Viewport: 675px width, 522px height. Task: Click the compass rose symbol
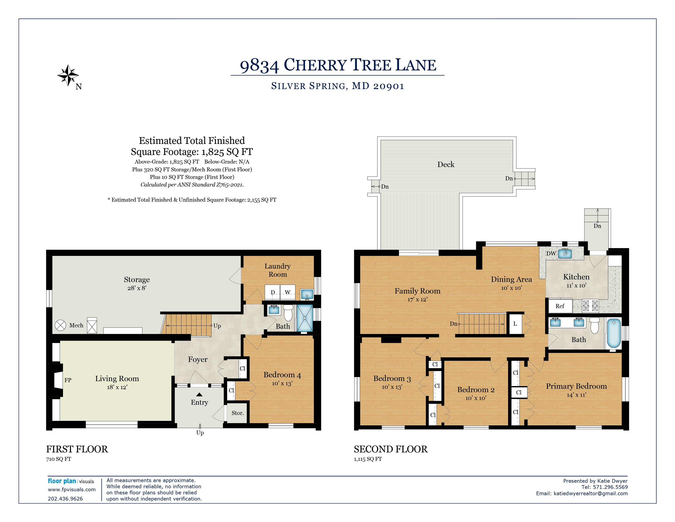(x=68, y=75)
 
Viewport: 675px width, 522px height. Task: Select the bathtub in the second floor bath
(x=614, y=333)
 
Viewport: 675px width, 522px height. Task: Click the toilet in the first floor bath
(x=288, y=313)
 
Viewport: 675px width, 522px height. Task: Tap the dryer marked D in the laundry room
(x=273, y=292)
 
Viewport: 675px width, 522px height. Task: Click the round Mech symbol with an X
(x=60, y=325)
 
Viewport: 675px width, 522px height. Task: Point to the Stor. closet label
(x=238, y=413)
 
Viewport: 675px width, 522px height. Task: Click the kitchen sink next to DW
(x=565, y=254)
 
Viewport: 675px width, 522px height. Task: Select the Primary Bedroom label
(x=576, y=386)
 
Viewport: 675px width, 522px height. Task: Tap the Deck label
(x=446, y=165)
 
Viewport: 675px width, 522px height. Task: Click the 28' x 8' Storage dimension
(x=137, y=288)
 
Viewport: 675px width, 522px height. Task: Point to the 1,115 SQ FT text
(x=368, y=459)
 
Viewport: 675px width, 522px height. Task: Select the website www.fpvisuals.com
(x=72, y=489)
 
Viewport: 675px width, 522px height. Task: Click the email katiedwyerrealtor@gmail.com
(x=591, y=493)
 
